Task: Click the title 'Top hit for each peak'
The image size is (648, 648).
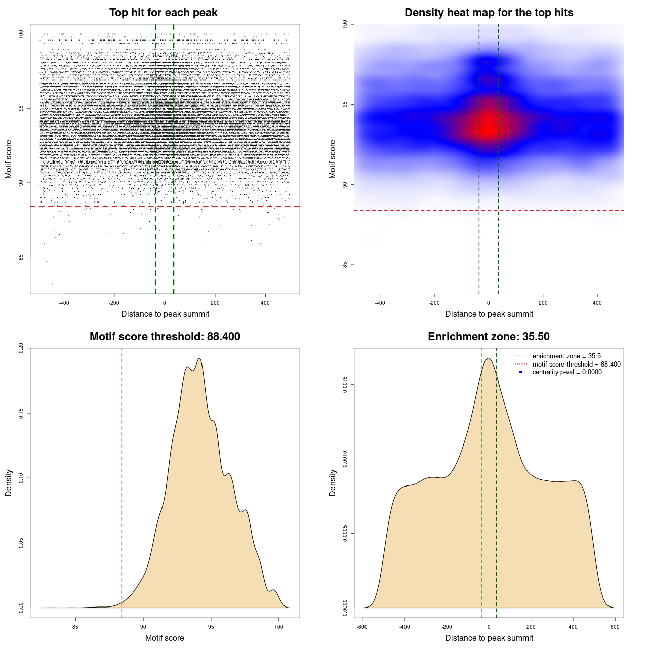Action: pos(163,13)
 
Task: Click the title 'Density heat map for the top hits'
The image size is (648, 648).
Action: pos(489,13)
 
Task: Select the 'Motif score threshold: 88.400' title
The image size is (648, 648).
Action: pos(165,337)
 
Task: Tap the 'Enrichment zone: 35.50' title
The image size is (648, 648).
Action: pos(489,337)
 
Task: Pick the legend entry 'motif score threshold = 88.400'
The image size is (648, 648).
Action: pos(576,364)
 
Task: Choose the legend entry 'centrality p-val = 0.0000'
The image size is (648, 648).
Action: pos(567,372)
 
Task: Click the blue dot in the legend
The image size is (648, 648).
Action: pos(521,372)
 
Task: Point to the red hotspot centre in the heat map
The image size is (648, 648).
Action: pos(489,127)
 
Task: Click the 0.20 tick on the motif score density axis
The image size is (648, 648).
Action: pos(21,348)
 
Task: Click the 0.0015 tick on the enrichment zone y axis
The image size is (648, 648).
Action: pos(345,385)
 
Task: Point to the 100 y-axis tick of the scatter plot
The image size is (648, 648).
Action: pos(21,34)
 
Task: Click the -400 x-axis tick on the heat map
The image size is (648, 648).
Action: pos(380,303)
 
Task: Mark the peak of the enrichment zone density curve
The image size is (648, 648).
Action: pos(489,358)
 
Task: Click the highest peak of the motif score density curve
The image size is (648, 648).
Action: pos(199,358)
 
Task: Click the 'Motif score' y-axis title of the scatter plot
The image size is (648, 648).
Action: pos(9,159)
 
